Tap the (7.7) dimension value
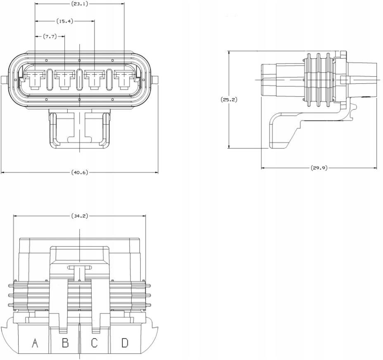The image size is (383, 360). coord(50,36)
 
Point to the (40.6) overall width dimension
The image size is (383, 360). coord(79,172)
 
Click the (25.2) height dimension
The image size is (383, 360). coord(229,99)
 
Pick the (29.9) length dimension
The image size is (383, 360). coord(319,168)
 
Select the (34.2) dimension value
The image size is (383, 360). coord(79,216)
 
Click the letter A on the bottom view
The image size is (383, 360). coord(35,342)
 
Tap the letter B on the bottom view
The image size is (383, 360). coord(65,342)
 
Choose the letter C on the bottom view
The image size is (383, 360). coord(94,342)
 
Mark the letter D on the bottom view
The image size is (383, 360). coord(124,342)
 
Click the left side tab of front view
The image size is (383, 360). coord(4,79)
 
